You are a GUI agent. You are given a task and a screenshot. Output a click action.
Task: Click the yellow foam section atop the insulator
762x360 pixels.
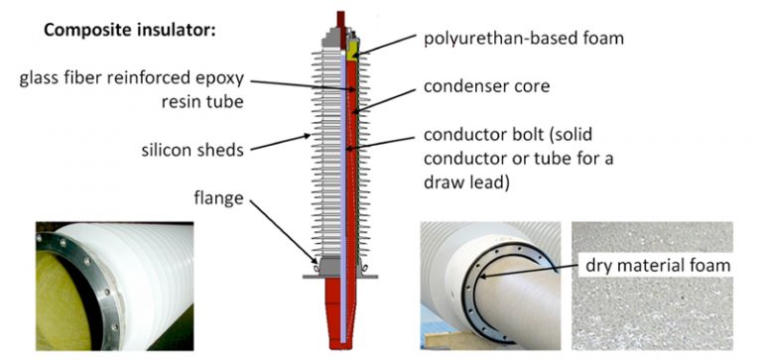tap(352, 44)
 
